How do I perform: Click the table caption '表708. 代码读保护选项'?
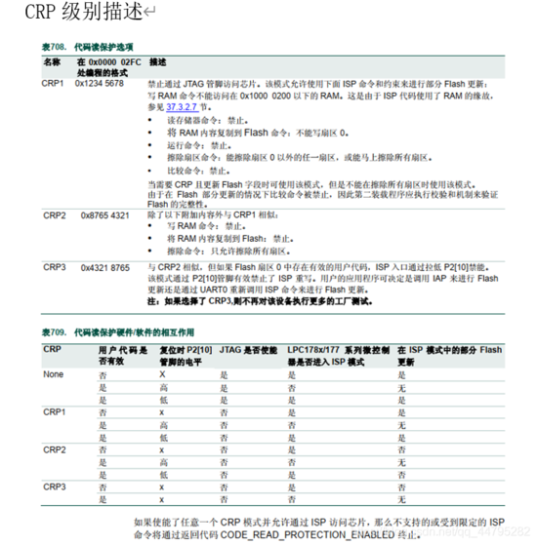88,46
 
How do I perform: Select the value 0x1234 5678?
100,85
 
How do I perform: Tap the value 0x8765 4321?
103,214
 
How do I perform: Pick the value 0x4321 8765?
103,264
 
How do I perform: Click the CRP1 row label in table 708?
53,85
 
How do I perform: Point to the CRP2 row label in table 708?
54,214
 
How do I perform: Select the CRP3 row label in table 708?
54,264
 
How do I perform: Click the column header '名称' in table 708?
51,60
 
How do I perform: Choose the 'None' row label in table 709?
53,373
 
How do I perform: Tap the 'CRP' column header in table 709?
51,348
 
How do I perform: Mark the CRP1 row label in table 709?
53,412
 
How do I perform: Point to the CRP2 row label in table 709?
53,448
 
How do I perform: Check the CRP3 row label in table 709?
53,485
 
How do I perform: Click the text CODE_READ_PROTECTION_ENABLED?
304,534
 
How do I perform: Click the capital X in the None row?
162,373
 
